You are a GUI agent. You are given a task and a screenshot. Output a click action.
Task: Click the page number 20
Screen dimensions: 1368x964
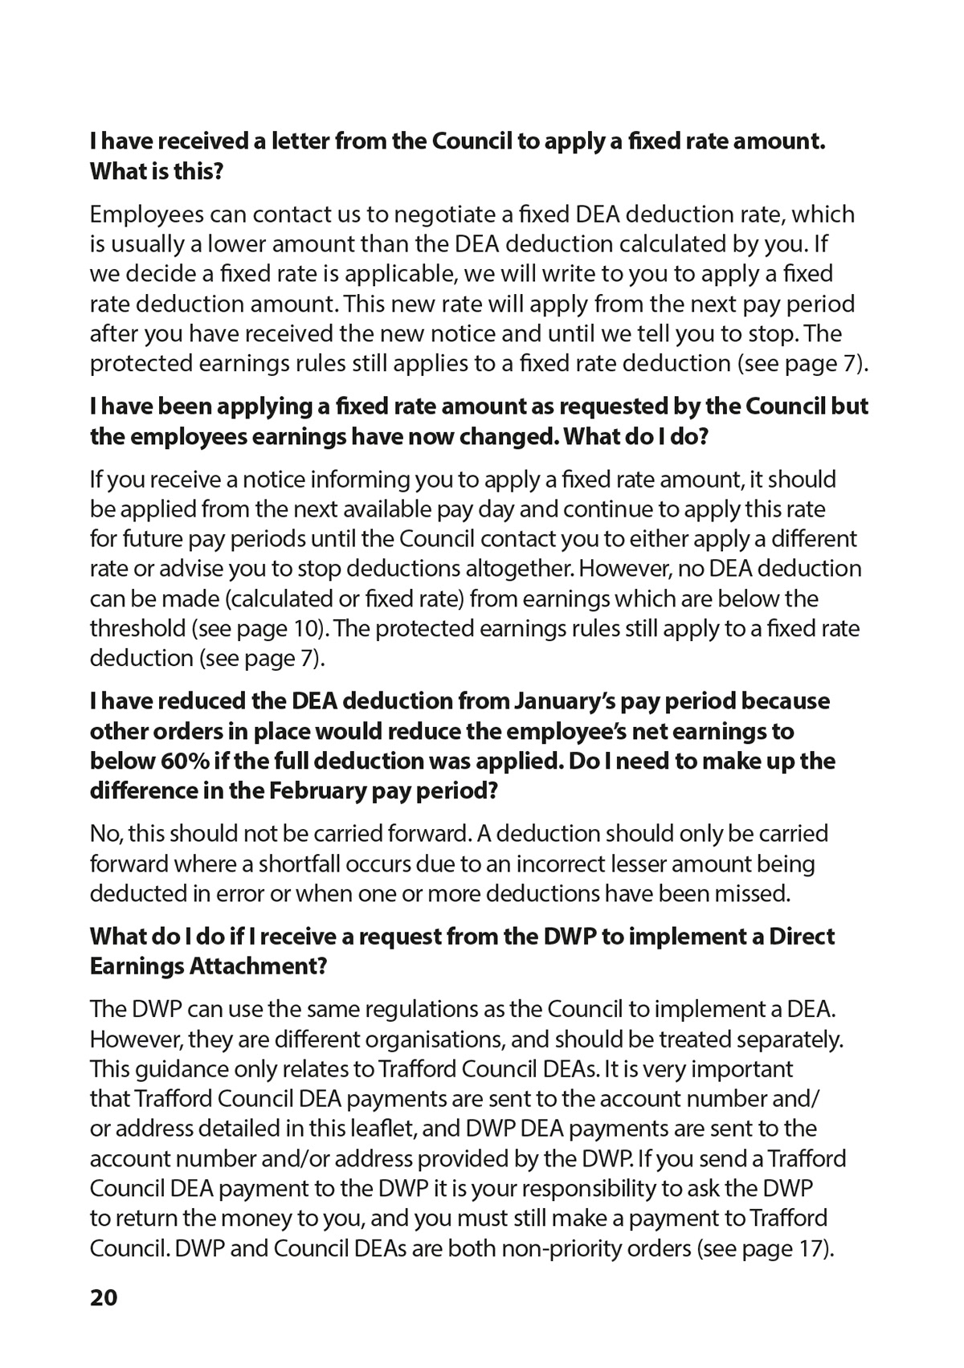(x=104, y=1297)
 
